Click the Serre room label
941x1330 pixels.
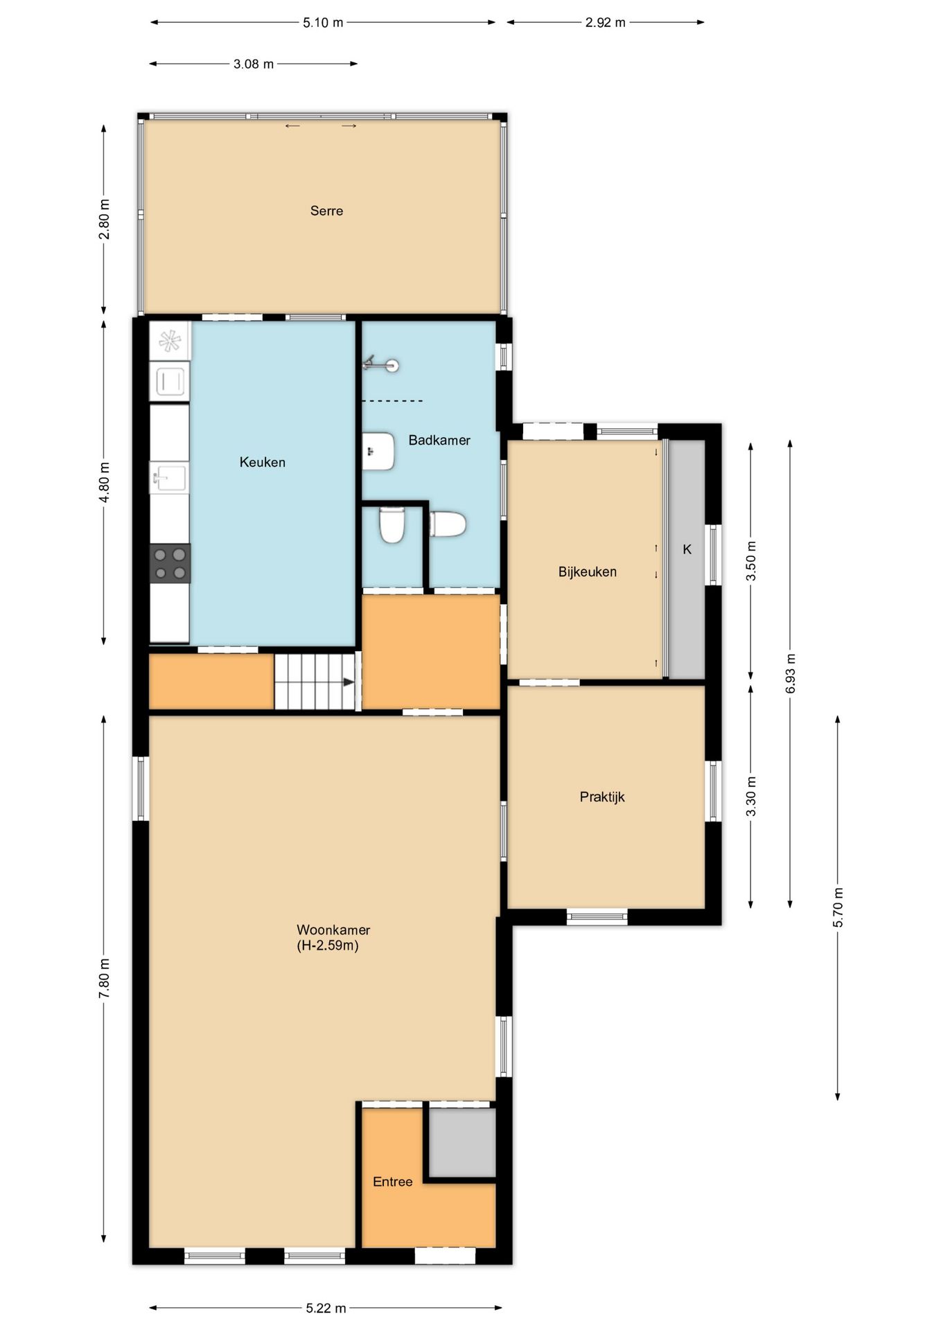326,211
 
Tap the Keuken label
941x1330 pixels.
263,462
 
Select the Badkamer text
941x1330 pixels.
439,440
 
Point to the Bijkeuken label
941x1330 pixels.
588,571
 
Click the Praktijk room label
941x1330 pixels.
602,797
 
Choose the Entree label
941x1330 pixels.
393,1182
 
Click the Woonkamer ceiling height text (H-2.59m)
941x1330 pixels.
328,946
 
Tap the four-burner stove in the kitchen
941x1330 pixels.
170,563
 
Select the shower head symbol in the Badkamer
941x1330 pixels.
381,364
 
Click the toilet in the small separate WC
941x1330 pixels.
392,524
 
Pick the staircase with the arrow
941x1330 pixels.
315,682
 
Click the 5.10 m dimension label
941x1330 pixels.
323,22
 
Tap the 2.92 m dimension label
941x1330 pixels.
606,22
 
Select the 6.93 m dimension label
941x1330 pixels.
791,673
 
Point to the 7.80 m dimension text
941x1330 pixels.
104,978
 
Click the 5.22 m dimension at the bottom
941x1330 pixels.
326,1308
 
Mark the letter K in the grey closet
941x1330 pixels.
687,549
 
